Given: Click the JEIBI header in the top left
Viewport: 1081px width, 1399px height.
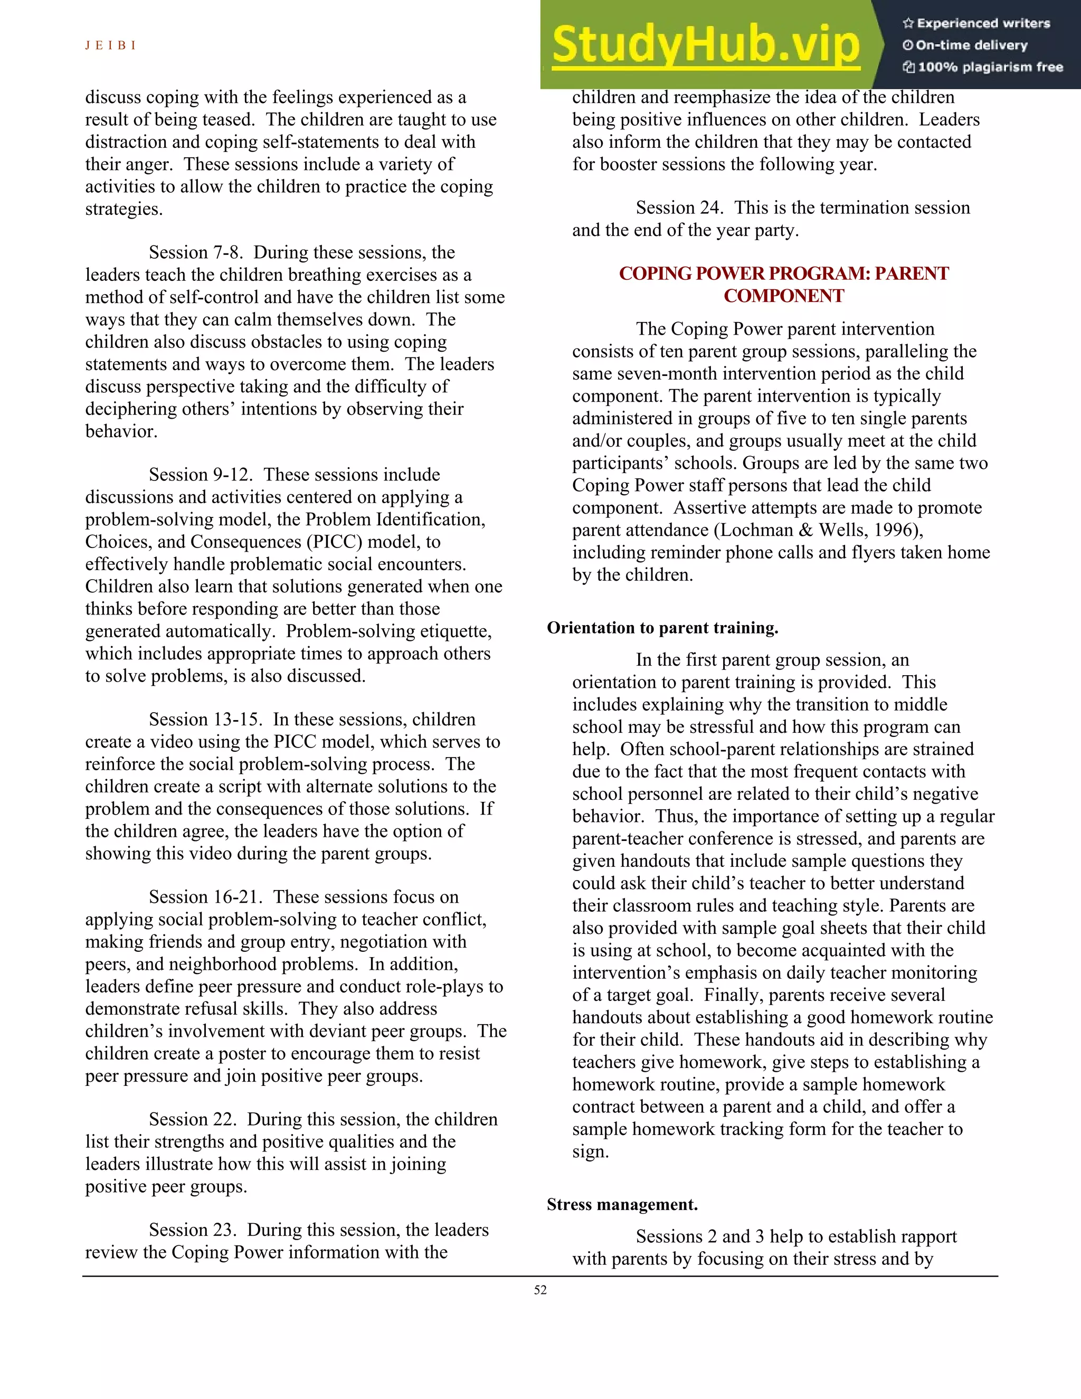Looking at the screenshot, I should [110, 45].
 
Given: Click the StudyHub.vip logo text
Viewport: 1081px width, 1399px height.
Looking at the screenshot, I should [705, 45].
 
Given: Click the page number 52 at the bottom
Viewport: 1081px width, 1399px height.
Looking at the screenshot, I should [540, 1290].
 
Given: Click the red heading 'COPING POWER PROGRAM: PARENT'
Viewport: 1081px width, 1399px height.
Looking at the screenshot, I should [783, 273].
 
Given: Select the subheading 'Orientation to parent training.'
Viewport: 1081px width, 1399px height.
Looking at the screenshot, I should [662, 628].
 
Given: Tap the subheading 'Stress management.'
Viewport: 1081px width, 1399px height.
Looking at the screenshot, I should [622, 1204].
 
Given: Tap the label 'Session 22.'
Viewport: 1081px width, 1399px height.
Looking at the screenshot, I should [193, 1119].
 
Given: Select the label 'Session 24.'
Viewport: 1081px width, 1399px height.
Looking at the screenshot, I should [679, 208].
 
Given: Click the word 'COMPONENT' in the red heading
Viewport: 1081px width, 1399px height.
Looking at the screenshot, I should [783, 296].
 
